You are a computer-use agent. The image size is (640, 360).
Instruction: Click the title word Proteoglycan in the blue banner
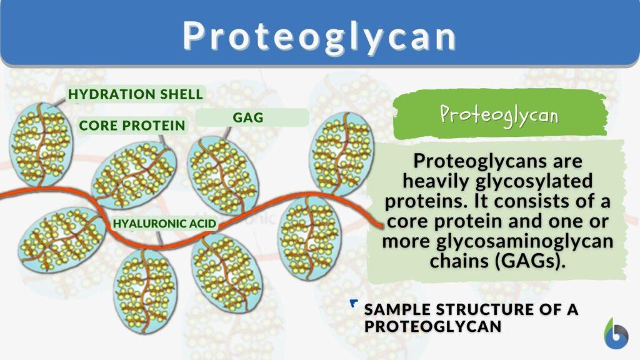pyautogui.click(x=319, y=36)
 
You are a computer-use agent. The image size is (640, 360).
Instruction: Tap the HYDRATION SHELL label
pyautogui.click(x=136, y=94)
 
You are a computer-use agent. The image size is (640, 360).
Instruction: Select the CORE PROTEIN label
pyautogui.click(x=132, y=126)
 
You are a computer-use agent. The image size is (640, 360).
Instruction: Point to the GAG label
pyautogui.click(x=247, y=117)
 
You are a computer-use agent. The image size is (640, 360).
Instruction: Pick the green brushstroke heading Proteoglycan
pyautogui.click(x=499, y=114)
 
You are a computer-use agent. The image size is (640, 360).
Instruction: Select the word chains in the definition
pyautogui.click(x=459, y=261)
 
